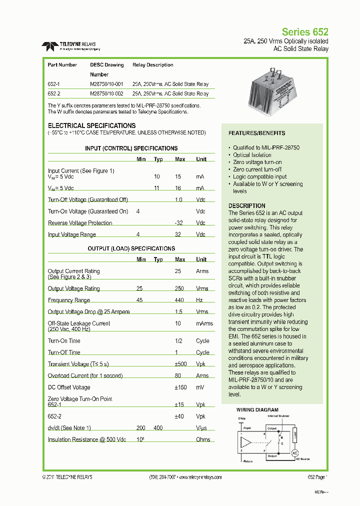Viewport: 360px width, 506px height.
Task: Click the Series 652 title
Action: pos(305,31)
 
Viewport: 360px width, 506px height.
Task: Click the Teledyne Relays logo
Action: pos(70,46)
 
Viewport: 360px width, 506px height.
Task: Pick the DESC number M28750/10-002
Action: pos(106,93)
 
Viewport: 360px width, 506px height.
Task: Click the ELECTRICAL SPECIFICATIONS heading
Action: pos(91,125)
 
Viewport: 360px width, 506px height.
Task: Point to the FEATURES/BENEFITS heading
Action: pos(256,133)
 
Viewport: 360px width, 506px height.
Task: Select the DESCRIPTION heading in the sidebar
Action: pos(246,205)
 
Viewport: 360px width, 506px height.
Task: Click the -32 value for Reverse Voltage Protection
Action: pos(178,223)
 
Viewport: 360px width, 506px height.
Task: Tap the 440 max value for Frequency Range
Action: pos(179,300)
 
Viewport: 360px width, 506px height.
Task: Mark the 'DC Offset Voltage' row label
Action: pos(69,387)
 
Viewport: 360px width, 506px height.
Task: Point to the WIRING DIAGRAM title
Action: pos(257,410)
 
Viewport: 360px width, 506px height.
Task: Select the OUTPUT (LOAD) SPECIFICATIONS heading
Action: pos(131,248)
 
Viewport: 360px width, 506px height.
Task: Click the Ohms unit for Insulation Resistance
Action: pos(202,439)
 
